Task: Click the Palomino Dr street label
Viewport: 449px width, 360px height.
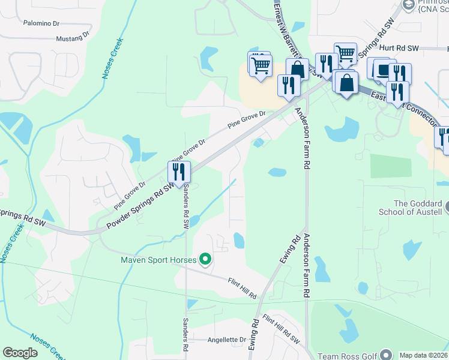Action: [x=41, y=23]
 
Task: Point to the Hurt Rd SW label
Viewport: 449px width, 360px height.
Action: [x=399, y=47]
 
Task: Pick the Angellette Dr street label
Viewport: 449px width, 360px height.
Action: [x=227, y=339]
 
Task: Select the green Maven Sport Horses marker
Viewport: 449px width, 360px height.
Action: [x=205, y=260]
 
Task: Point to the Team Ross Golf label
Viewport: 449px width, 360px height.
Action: [x=347, y=356]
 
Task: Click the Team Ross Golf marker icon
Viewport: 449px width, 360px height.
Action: [x=385, y=355]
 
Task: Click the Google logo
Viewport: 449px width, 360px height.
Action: [x=20, y=353]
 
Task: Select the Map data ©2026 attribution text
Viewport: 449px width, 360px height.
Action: [x=423, y=355]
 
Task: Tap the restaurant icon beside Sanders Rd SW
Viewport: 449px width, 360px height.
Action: [x=179, y=172]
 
